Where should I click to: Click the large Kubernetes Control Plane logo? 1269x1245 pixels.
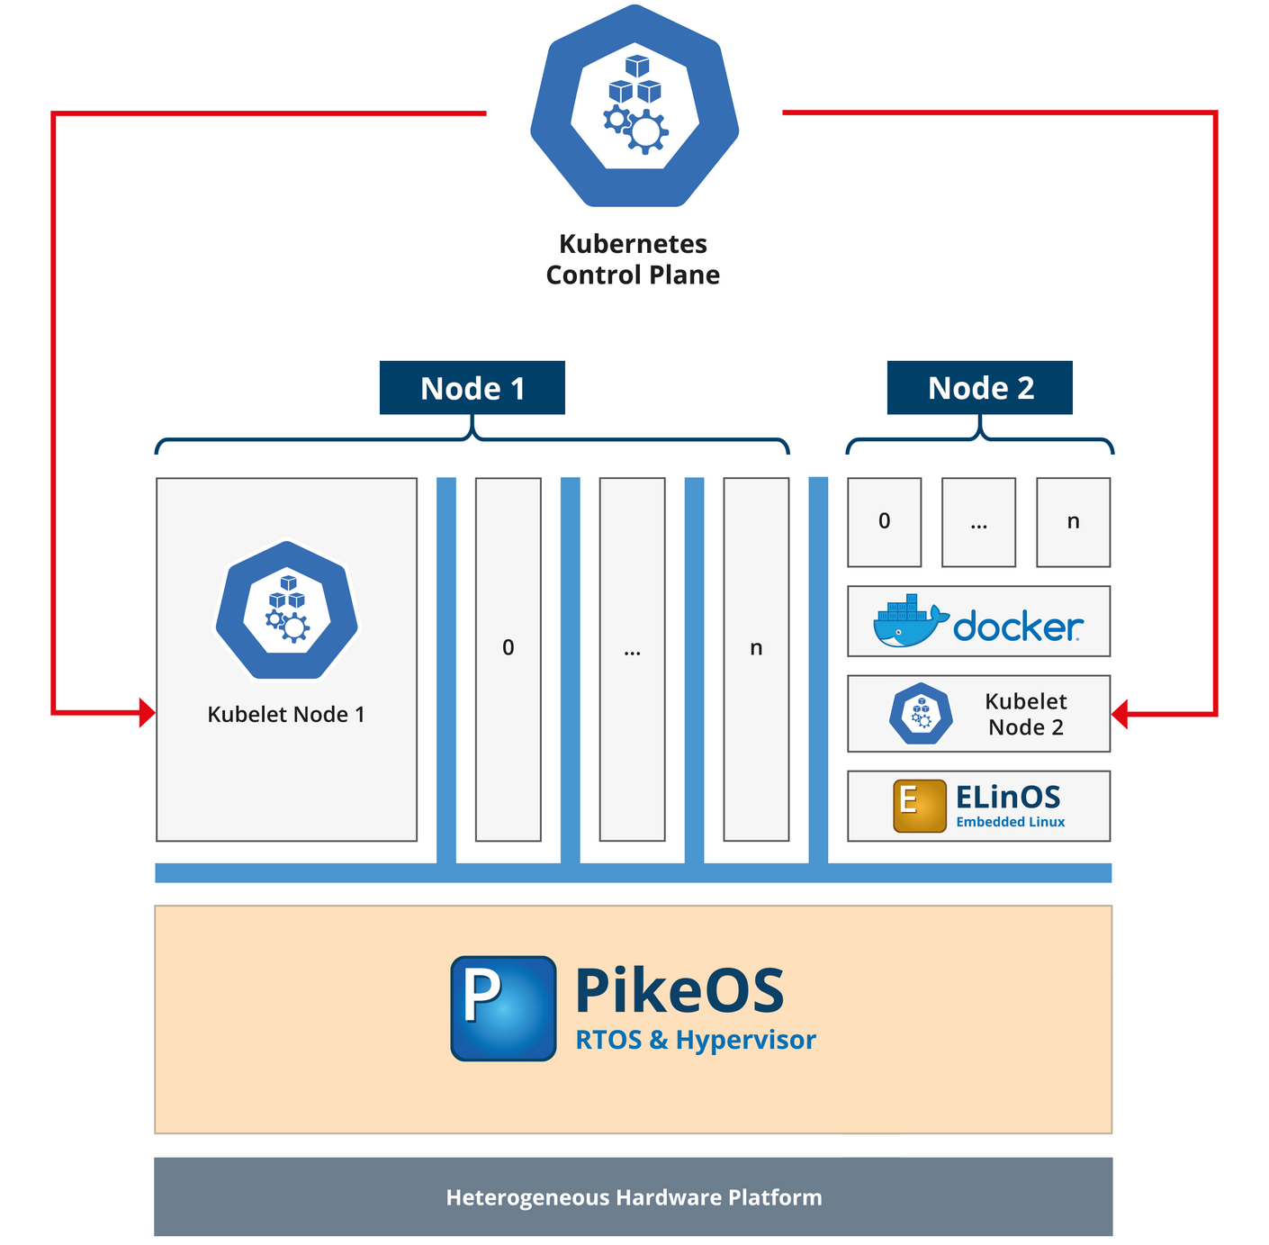click(x=634, y=106)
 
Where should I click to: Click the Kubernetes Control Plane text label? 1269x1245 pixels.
click(x=633, y=259)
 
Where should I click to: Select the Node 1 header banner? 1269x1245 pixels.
click(x=472, y=388)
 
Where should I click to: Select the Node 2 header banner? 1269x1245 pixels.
click(x=979, y=388)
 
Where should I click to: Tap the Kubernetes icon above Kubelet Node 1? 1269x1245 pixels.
click(x=286, y=610)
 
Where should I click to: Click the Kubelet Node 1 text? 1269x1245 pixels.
click(x=286, y=715)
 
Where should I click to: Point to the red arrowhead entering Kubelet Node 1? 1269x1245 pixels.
click(x=148, y=713)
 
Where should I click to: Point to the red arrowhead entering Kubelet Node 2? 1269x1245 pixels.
click(x=1120, y=715)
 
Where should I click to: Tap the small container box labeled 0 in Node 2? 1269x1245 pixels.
click(x=884, y=522)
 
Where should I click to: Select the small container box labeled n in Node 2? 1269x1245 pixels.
click(x=1073, y=522)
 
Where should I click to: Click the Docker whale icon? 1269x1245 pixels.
click(x=909, y=621)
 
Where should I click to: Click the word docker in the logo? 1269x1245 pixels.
click(x=1018, y=627)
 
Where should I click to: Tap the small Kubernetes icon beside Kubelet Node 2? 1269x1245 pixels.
click(x=921, y=714)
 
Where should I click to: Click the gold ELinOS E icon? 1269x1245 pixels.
click(x=919, y=806)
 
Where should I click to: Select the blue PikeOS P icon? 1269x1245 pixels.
click(x=503, y=1008)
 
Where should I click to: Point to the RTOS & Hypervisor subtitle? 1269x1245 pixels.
click(x=696, y=1041)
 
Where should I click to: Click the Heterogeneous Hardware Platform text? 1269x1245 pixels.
click(x=634, y=1197)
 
